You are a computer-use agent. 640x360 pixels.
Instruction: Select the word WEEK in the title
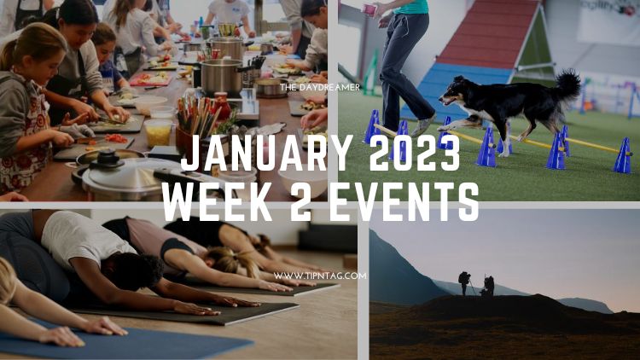point(216,202)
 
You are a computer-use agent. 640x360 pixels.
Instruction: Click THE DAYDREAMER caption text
point(320,87)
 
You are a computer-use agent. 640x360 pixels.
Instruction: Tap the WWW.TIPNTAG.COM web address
point(320,276)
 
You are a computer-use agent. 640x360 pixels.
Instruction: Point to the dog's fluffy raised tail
point(567,84)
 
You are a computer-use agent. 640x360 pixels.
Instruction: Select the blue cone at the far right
point(623,155)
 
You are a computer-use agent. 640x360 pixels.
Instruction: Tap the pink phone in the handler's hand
point(369,9)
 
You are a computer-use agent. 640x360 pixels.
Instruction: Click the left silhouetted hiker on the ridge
point(464,282)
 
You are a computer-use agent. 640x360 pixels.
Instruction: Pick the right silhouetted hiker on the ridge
point(488,285)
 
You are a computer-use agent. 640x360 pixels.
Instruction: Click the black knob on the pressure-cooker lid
point(108,158)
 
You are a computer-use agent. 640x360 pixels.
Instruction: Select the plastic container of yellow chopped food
point(158,132)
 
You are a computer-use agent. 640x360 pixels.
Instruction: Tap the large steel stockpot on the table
point(222,77)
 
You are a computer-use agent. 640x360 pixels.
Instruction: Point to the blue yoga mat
point(122,341)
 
